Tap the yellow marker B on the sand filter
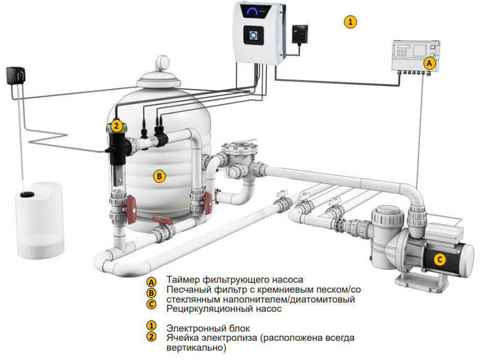tap(159, 176)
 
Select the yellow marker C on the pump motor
tap(439, 260)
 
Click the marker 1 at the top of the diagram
tap(350, 22)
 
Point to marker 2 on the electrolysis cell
tap(115, 127)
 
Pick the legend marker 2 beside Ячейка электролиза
tap(151, 337)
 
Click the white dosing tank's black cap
tap(28, 195)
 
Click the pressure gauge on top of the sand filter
tap(164, 62)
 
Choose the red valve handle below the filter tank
tap(162, 220)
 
